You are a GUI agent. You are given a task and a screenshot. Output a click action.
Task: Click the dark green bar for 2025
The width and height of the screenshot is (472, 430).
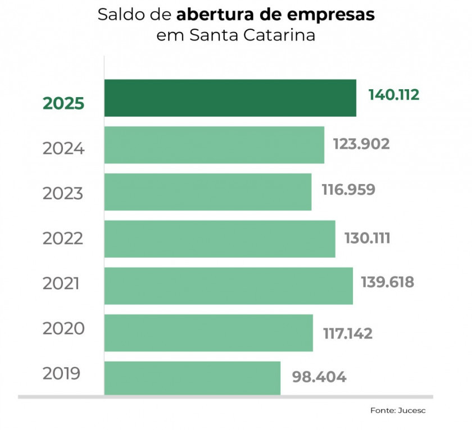coord(230,98)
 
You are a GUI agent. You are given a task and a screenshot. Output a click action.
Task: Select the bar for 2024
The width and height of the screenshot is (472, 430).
coord(214,145)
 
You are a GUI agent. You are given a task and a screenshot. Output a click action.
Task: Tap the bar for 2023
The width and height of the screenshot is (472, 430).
coord(208,192)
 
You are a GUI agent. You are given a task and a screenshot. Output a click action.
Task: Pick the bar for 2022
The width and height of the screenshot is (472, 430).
coord(220,239)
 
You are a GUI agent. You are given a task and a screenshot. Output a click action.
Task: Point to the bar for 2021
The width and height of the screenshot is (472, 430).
coord(228,286)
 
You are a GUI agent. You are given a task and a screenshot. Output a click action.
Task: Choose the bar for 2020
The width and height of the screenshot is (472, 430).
coord(208,333)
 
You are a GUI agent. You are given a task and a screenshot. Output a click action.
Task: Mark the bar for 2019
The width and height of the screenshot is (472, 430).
coord(192,378)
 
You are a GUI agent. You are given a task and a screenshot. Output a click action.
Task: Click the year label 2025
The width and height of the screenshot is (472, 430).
coord(63,104)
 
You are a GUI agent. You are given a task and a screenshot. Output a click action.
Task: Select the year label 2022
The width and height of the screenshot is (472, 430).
coord(63,239)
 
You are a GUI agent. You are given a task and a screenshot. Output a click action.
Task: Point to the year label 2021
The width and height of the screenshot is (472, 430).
coord(61,283)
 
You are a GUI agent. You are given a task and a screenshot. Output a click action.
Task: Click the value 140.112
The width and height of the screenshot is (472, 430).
coord(394,95)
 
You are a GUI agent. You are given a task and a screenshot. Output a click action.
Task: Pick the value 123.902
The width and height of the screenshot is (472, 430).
coord(361,144)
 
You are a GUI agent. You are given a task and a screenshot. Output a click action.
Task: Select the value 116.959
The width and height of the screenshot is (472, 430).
coord(348,190)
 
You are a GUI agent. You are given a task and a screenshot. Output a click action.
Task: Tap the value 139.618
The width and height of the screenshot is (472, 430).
coord(388,282)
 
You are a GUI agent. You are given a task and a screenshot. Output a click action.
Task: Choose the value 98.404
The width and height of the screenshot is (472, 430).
coord(319,376)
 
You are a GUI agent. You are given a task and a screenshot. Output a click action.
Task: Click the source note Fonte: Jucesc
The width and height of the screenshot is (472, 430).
coord(398,410)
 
